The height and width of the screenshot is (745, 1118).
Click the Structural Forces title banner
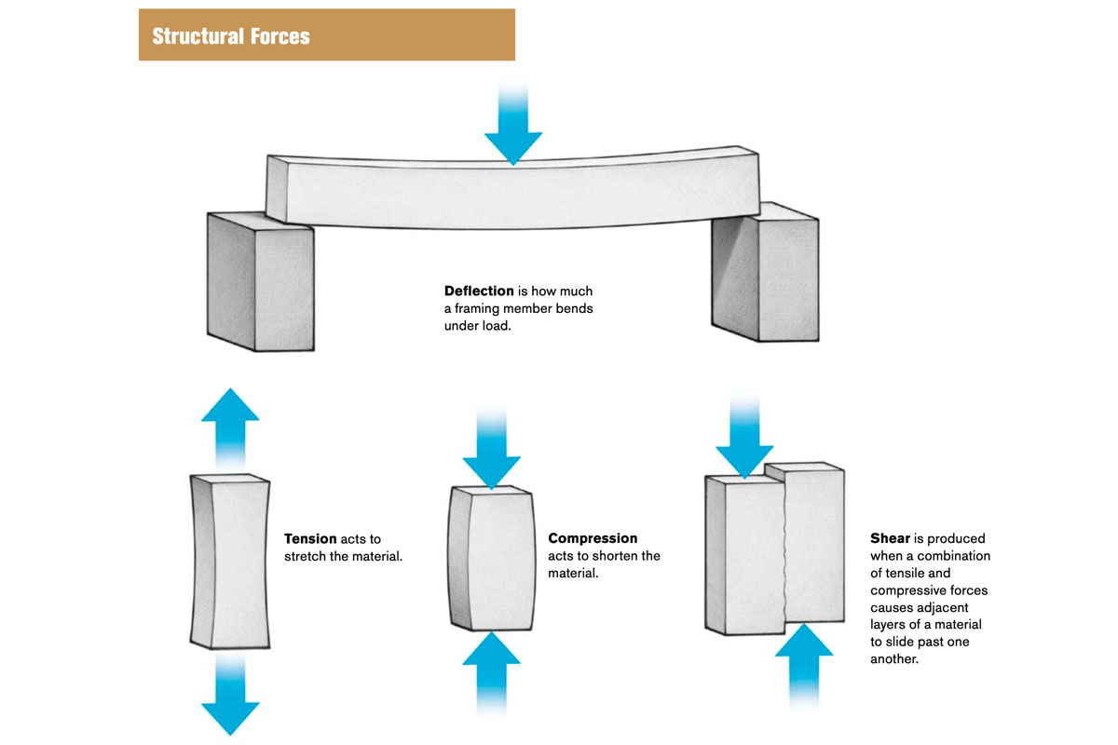pyautogui.click(x=326, y=35)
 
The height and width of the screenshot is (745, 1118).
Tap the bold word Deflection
pyautogui.click(x=478, y=291)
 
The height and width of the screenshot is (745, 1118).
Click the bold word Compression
pyautogui.click(x=593, y=538)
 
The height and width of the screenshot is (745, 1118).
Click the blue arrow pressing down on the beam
pyautogui.click(x=512, y=130)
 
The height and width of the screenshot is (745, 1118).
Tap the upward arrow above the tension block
pyautogui.click(x=230, y=424)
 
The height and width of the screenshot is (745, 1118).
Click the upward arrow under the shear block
pyautogui.click(x=803, y=666)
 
